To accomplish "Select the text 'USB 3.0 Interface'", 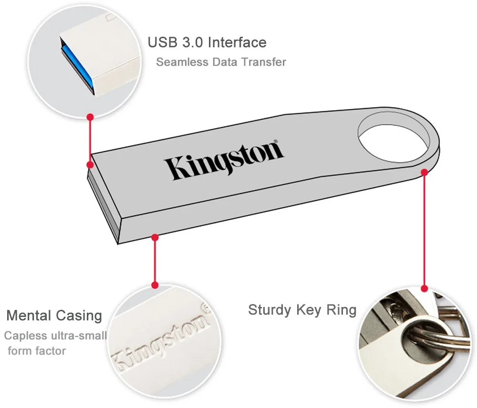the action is point(207,42).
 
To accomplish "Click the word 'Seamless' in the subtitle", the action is point(182,62).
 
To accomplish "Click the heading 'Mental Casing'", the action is point(54,316).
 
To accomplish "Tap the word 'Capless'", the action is point(26,336).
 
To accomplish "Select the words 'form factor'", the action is point(37,351).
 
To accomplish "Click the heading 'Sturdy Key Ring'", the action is point(302,310).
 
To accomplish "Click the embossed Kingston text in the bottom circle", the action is point(161,337).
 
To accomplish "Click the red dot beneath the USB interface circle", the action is point(90,117).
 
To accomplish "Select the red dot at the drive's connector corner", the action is point(90,165).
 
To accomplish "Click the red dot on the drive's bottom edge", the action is point(155,237).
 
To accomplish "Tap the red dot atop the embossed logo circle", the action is point(155,285).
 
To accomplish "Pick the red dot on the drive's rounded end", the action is point(425,173).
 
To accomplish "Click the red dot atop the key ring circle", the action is point(425,288).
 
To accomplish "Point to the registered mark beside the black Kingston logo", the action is point(276,142).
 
